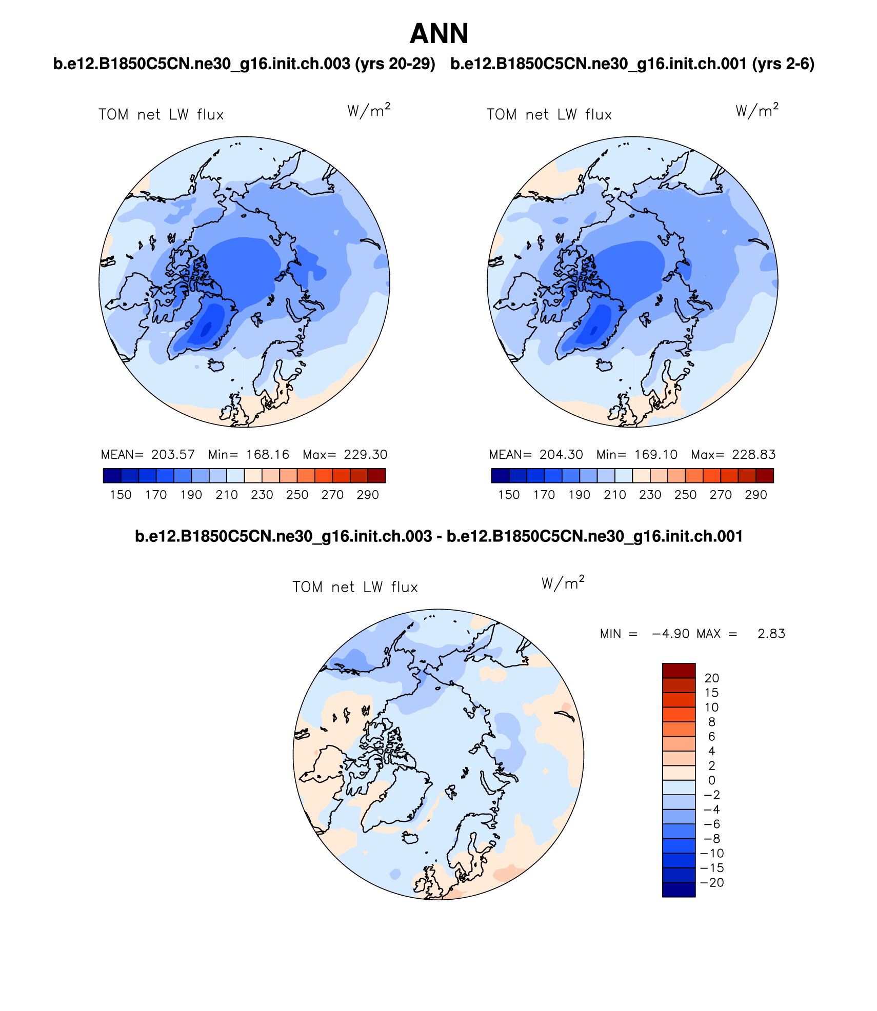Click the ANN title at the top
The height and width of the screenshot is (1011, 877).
(x=439, y=34)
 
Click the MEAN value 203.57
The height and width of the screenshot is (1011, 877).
(x=173, y=455)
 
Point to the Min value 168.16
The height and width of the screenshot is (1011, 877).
(x=268, y=455)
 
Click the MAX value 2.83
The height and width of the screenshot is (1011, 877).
(x=771, y=634)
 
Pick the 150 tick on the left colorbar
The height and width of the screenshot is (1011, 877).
(x=121, y=495)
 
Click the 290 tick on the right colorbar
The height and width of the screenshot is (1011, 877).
(x=756, y=495)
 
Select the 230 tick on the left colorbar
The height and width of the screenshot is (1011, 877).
(x=262, y=495)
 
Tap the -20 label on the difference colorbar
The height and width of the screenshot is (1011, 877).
(x=712, y=883)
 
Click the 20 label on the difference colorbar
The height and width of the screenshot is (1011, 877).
(x=712, y=678)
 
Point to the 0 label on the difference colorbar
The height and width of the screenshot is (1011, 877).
(x=711, y=780)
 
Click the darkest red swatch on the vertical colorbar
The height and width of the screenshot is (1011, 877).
(x=679, y=670)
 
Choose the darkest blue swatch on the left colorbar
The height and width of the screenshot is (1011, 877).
(x=112, y=476)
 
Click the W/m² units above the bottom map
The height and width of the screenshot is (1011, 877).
(x=563, y=583)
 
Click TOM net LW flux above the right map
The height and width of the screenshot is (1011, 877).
(x=549, y=115)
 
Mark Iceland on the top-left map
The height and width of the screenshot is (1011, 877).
(x=216, y=365)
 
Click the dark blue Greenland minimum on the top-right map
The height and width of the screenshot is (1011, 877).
(x=594, y=329)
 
